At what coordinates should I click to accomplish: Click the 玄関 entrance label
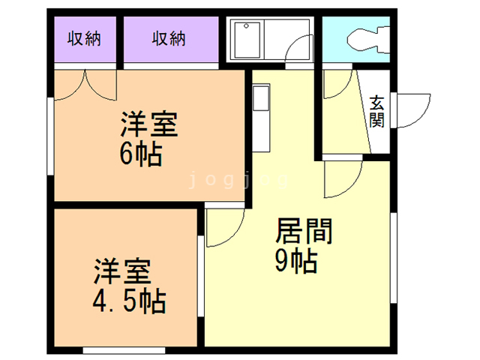(x=376, y=110)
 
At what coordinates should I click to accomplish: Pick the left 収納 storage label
(x=84, y=38)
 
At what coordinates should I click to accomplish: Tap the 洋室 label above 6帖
(x=149, y=124)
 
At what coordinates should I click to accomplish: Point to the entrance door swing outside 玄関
(x=412, y=111)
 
